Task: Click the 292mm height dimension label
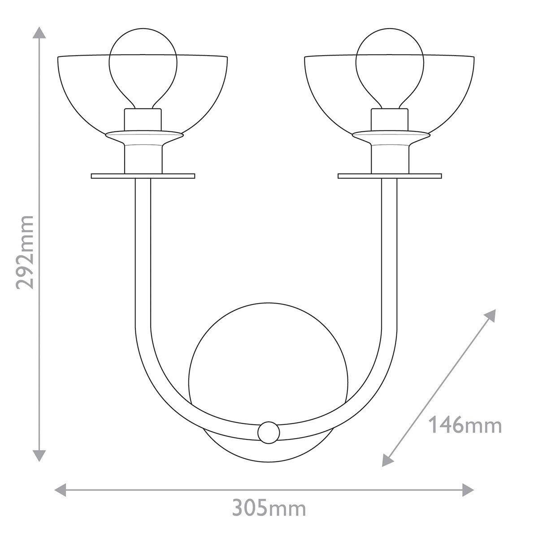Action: pyautogui.click(x=25, y=252)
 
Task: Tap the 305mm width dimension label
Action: pyautogui.click(x=269, y=508)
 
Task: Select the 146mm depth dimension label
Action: pyautogui.click(x=465, y=425)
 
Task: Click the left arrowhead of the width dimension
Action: pyautogui.click(x=61, y=489)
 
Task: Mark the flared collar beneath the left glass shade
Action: pyautogui.click(x=143, y=137)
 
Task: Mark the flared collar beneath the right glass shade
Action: pyautogui.click(x=389, y=137)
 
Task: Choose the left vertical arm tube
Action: pyautogui.click(x=143, y=251)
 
